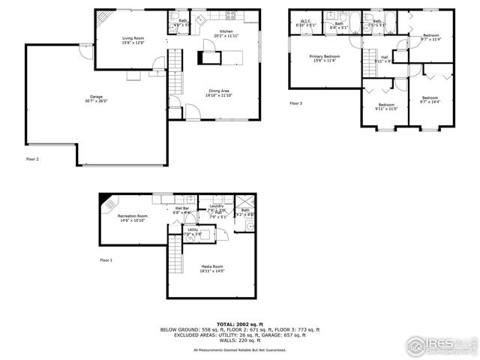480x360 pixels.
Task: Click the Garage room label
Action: [x=95, y=97]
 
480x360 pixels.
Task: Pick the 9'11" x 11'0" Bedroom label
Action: [x=386, y=106]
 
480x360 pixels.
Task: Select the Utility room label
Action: [x=193, y=232]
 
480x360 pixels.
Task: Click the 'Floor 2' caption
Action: [x=32, y=159]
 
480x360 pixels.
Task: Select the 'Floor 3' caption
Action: [x=295, y=103]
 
